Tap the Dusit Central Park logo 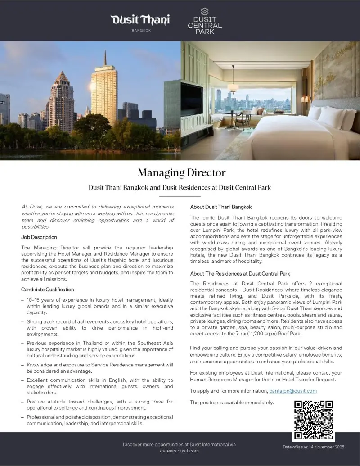204,22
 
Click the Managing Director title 181,172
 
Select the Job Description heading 39,237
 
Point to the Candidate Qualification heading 48,290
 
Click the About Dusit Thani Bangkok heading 220,207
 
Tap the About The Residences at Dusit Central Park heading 240,274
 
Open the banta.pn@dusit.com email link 293,391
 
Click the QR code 313,420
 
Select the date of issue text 313,447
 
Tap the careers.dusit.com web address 179,451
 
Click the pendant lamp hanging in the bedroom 233,86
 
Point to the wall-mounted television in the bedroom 192,100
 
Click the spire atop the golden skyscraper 105,58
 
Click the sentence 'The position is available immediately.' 232,402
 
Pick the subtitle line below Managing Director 180,188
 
